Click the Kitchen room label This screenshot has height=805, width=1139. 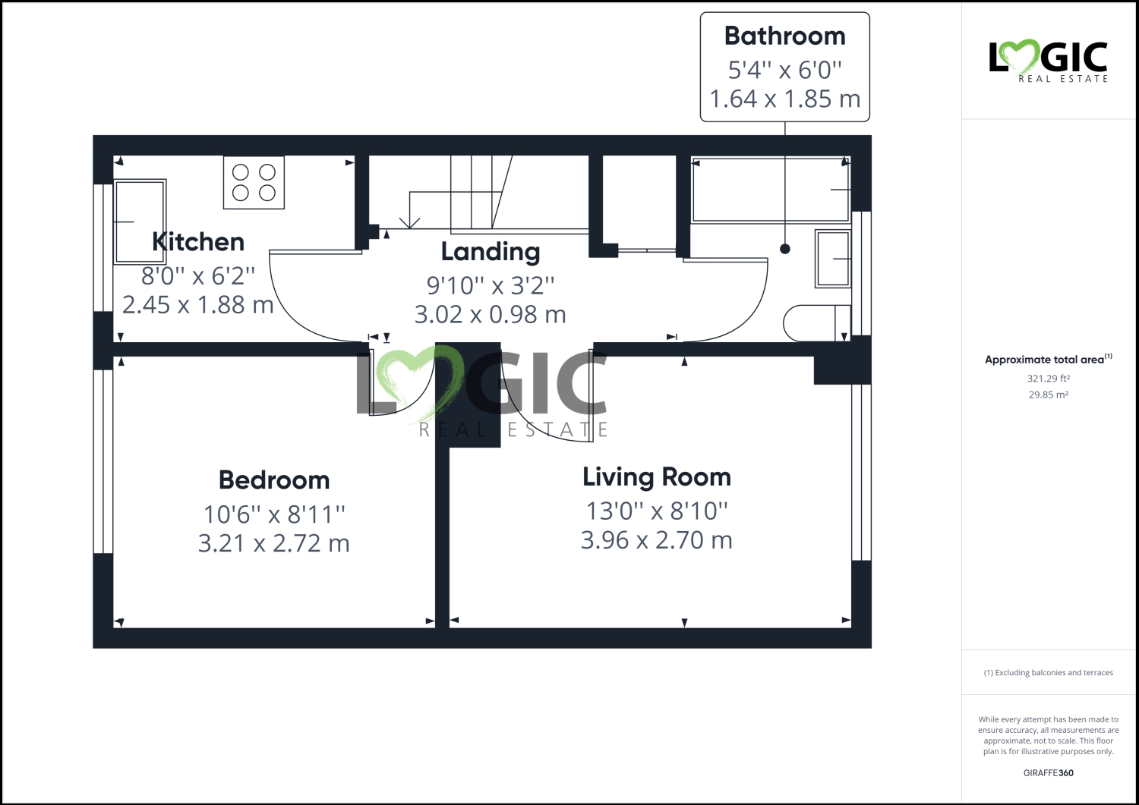click(x=197, y=242)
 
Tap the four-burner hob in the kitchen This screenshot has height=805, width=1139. click(x=254, y=182)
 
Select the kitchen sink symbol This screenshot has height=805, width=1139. click(x=140, y=222)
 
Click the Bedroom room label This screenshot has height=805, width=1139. click(x=273, y=480)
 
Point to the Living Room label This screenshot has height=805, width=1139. click(x=656, y=477)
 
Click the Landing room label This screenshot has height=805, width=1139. click(x=490, y=252)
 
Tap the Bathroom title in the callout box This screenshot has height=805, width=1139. click(x=784, y=36)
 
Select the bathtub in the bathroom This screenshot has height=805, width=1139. click(x=770, y=190)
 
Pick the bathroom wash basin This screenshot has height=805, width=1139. click(x=833, y=259)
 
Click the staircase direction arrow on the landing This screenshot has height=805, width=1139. click(x=410, y=220)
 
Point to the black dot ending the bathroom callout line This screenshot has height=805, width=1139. click(x=785, y=249)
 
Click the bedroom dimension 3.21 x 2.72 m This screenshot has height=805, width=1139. click(x=273, y=543)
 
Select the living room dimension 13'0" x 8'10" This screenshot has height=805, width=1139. click(x=656, y=511)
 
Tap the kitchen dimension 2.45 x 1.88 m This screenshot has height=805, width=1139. click(x=197, y=305)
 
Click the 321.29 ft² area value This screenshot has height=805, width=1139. click(x=1048, y=379)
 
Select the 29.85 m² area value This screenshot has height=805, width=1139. click(x=1048, y=395)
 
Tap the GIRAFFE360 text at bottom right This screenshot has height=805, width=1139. click(x=1048, y=773)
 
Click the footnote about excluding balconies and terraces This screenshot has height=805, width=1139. click(x=1048, y=673)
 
